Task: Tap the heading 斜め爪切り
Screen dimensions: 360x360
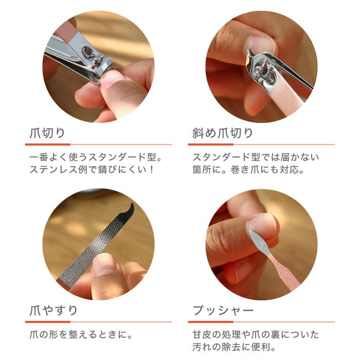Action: (x=223, y=134)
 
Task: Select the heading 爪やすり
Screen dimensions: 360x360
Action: (x=52, y=311)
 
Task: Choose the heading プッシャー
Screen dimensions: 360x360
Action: (x=223, y=311)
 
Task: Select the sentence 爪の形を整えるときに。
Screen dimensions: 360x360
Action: (x=79, y=335)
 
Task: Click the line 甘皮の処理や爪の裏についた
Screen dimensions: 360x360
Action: (x=256, y=335)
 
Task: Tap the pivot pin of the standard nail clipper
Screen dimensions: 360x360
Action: (x=96, y=61)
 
